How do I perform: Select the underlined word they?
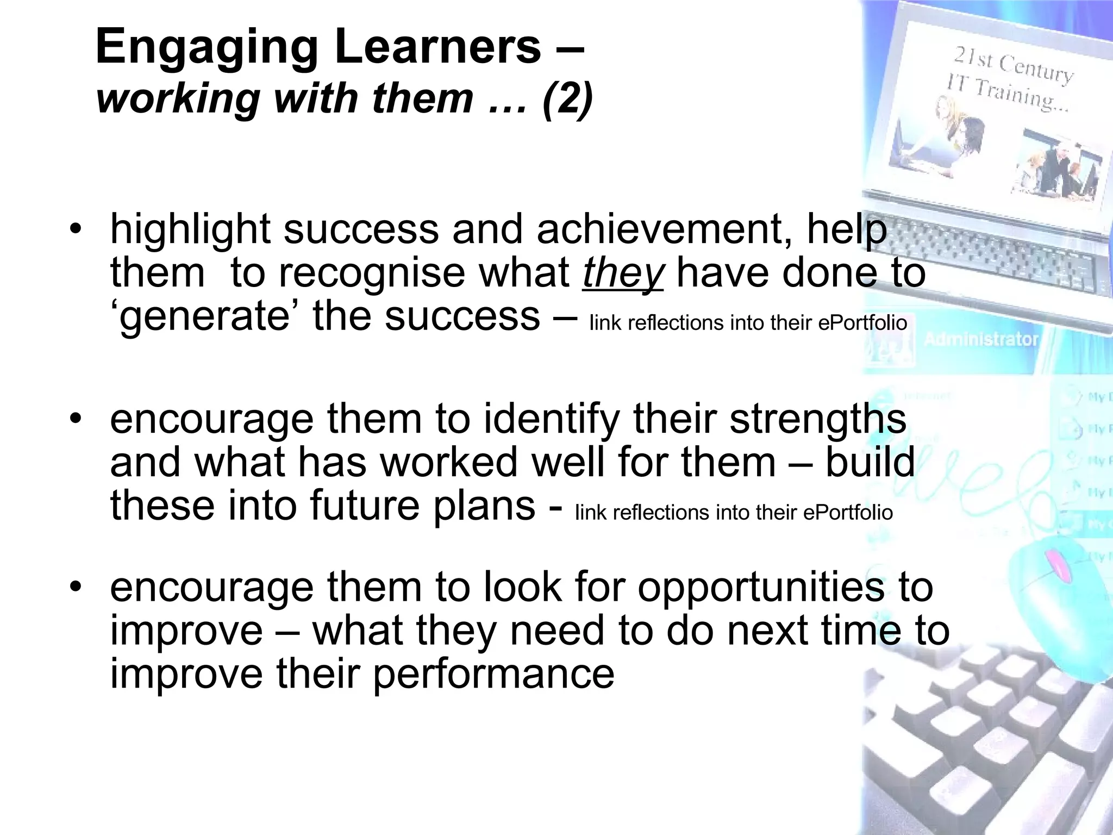tap(623, 273)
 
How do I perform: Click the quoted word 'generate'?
tap(204, 317)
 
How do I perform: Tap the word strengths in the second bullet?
tap(817, 420)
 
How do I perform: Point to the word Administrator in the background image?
tap(981, 340)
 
